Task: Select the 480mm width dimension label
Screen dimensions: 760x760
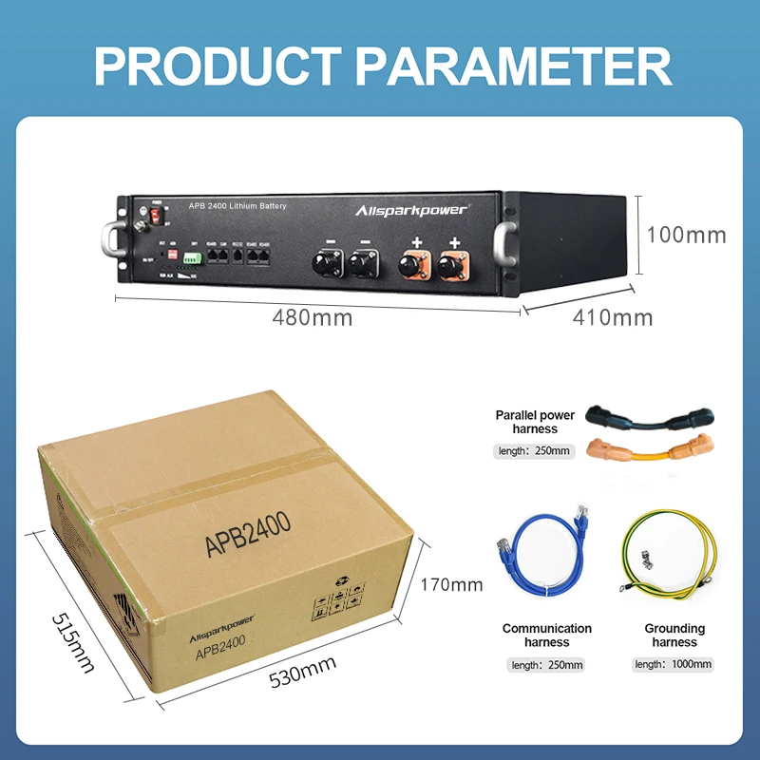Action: [x=312, y=318]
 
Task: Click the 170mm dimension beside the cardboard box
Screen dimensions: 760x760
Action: [x=452, y=584]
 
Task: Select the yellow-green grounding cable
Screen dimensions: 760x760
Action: [x=674, y=560]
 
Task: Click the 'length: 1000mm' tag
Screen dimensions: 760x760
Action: [x=674, y=665]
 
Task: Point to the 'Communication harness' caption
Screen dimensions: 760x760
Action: [x=547, y=635]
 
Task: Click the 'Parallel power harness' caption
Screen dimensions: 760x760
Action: [x=535, y=422]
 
